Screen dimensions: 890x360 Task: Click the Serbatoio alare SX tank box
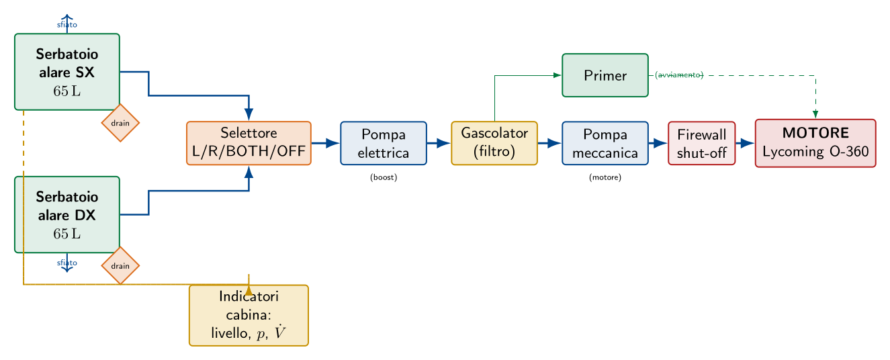(67, 72)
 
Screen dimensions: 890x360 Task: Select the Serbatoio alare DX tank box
(67, 214)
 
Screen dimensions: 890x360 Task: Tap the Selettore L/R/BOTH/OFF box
(249, 143)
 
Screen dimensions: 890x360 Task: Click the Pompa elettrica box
(384, 143)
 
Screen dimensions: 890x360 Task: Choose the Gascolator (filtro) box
(494, 143)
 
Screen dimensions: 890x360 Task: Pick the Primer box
(605, 75)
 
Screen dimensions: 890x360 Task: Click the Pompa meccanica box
(605, 143)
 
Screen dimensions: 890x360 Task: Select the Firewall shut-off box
(702, 143)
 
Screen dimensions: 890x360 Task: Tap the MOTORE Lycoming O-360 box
(815, 143)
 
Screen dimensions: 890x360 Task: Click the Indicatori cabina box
(249, 316)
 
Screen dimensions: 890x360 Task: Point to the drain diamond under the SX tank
(120, 123)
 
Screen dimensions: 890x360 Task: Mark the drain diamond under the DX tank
(120, 265)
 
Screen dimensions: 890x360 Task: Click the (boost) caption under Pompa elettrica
(384, 177)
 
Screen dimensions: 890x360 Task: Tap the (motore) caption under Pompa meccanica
(605, 177)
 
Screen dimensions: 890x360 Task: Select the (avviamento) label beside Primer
(679, 75)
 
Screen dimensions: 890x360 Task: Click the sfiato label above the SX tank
(67, 25)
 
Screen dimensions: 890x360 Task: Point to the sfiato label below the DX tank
(67, 263)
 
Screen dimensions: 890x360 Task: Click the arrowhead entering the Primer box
(557, 75)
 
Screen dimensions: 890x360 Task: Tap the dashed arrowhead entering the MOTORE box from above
(815, 114)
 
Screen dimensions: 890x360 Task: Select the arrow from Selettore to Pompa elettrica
(325, 143)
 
